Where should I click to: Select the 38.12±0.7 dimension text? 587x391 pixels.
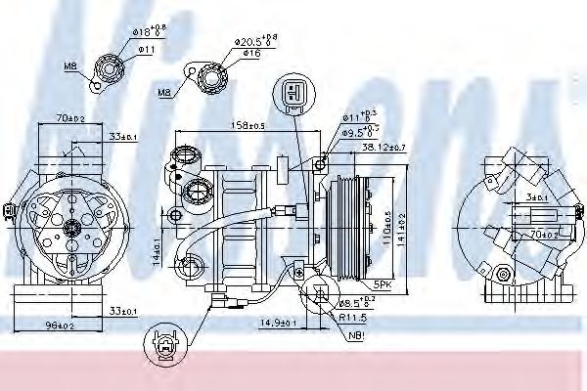pyautogui.click(x=383, y=148)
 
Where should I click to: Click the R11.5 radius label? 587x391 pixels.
pyautogui.click(x=354, y=319)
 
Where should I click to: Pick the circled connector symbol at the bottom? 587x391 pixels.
pyautogui.click(x=160, y=348)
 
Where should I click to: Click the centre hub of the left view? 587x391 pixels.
pyautogui.click(x=70, y=227)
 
